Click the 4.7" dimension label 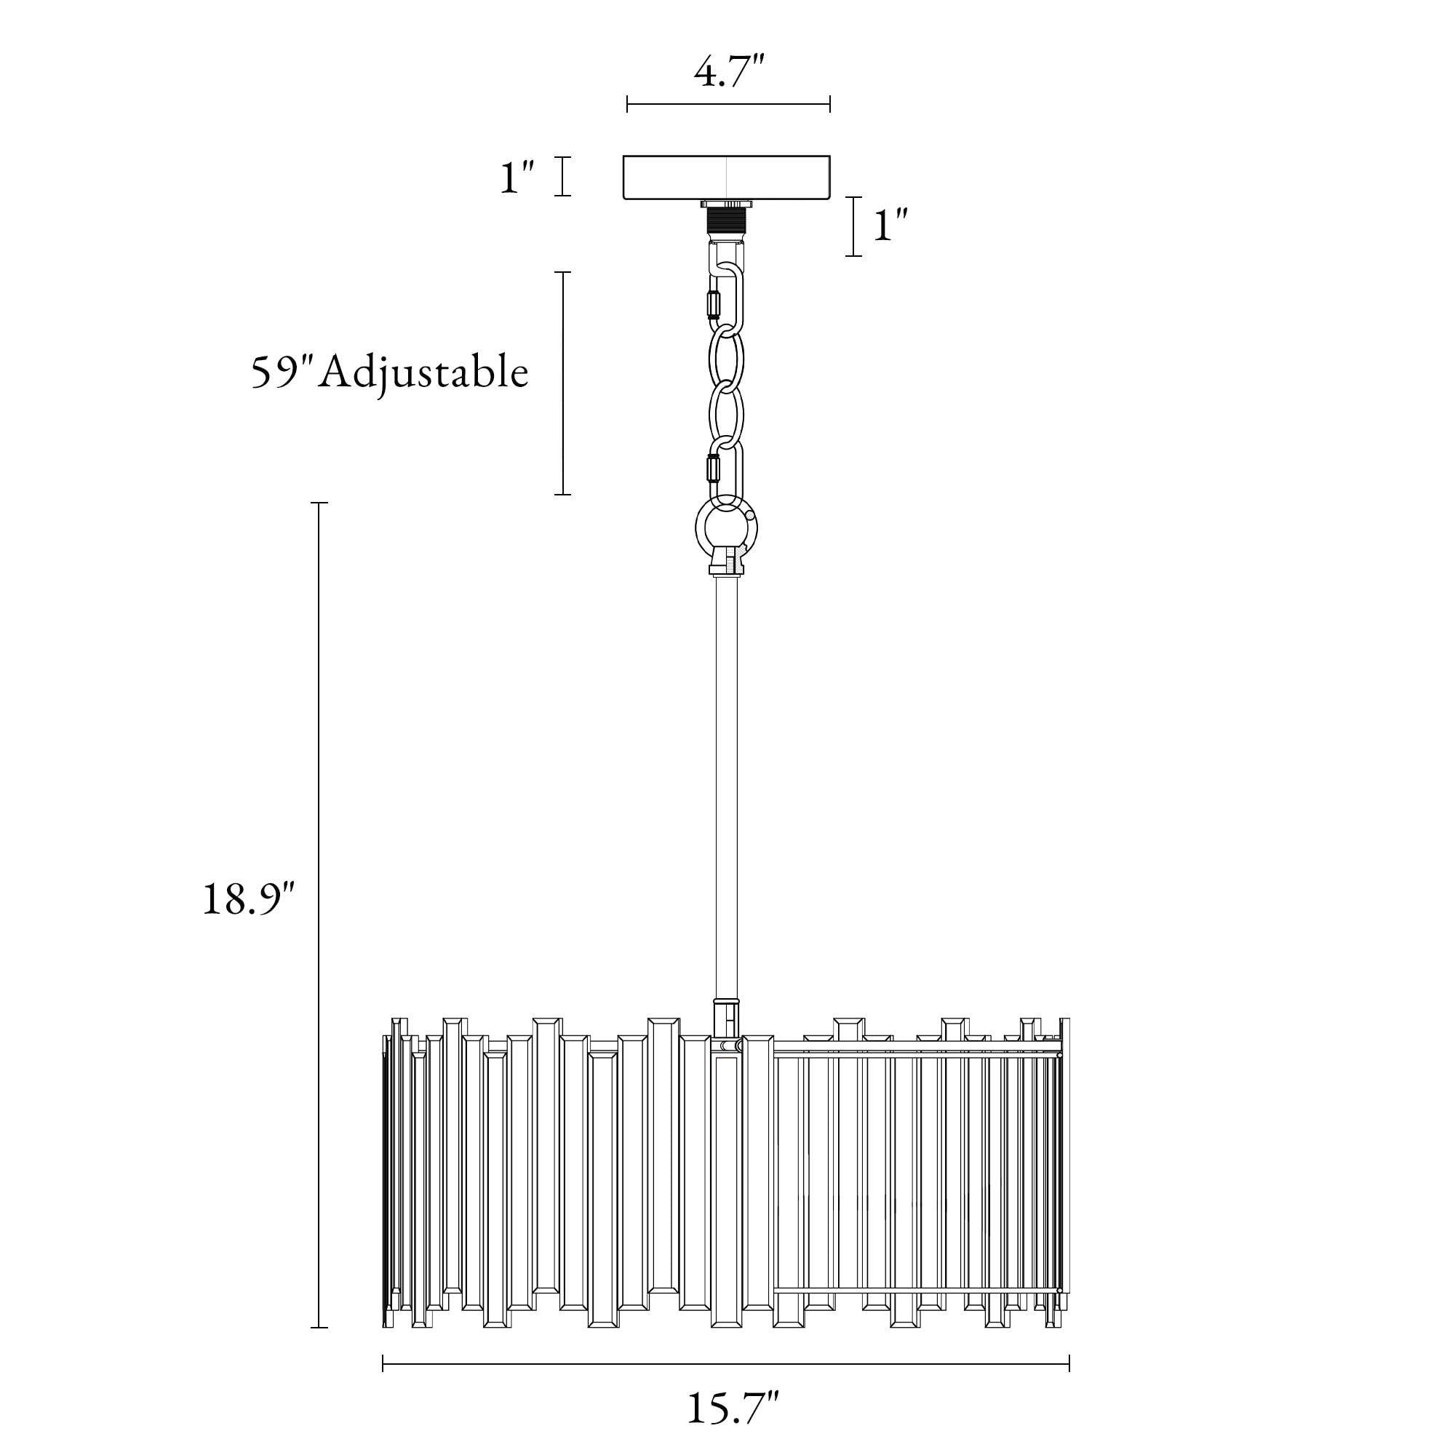click(x=728, y=73)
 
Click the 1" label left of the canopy click(x=517, y=176)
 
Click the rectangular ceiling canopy click(x=727, y=178)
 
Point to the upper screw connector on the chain click(x=711, y=305)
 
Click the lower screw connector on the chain click(x=711, y=469)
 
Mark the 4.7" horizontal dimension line click(x=728, y=105)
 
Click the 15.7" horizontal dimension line click(x=726, y=1363)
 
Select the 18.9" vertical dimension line click(x=319, y=915)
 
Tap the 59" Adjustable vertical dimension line click(x=563, y=383)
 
